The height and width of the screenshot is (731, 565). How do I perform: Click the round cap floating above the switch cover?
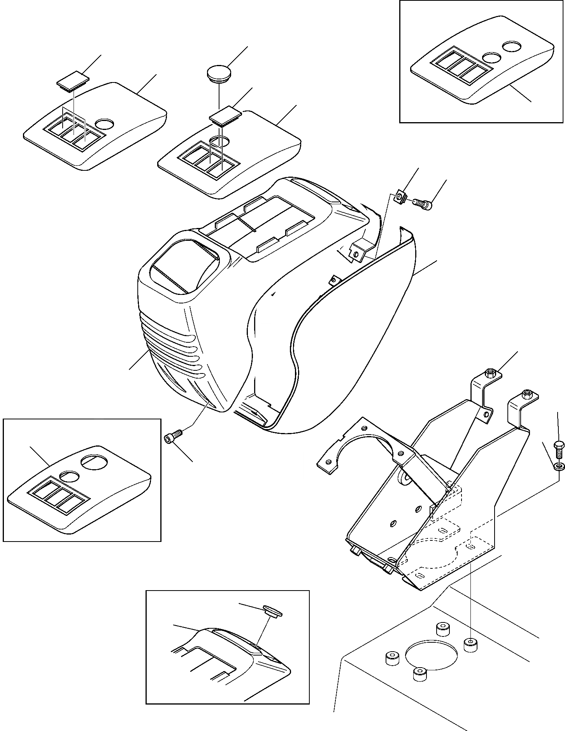(x=219, y=73)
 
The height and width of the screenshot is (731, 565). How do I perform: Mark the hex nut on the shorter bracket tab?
(x=490, y=374)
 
